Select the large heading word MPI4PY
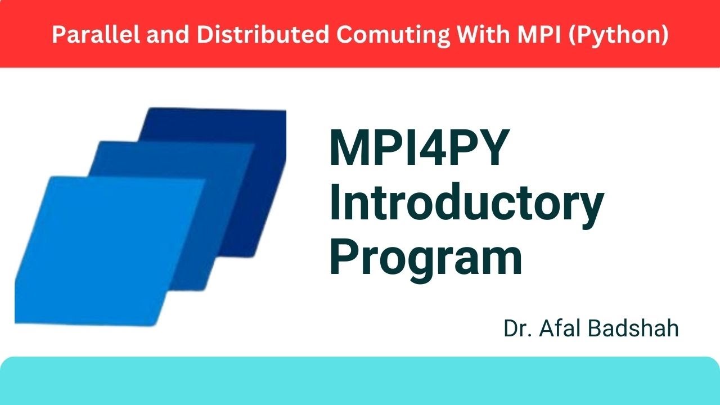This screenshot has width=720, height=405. [x=419, y=148]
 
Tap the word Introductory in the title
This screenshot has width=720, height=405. [x=466, y=205]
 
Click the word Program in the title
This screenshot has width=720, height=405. [x=425, y=258]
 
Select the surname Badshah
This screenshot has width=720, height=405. [x=634, y=329]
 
